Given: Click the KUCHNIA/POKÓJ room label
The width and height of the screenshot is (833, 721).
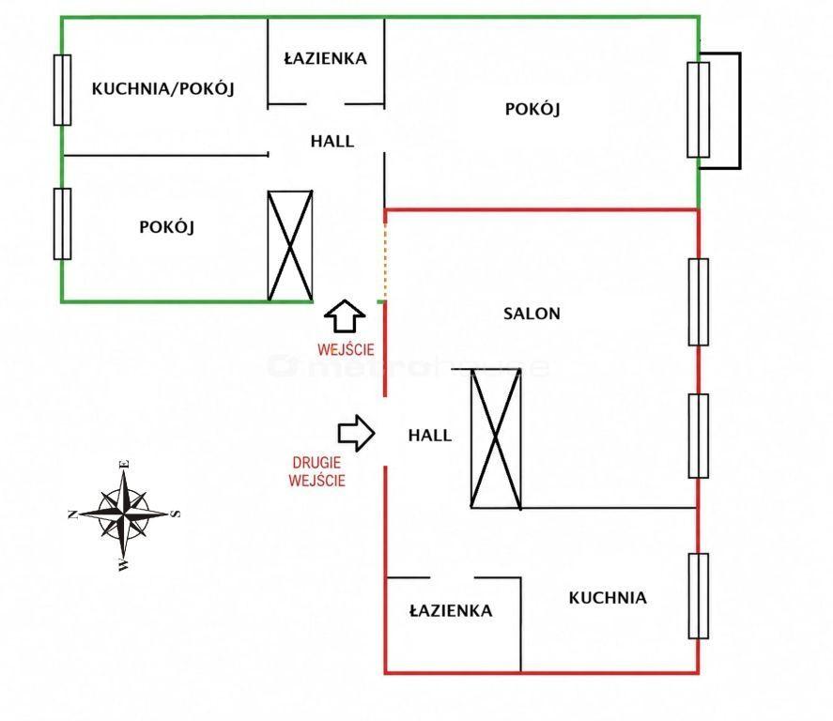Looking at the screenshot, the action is (x=163, y=88).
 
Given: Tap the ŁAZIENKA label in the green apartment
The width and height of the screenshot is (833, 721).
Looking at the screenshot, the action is (x=325, y=58).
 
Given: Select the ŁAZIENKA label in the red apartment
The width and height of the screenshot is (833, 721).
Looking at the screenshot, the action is (x=451, y=610).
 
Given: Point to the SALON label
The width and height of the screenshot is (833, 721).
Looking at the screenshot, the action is (x=532, y=314).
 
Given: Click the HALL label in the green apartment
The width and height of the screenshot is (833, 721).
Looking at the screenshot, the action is (x=332, y=141).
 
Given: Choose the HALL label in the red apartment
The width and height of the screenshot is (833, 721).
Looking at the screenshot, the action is (x=430, y=436).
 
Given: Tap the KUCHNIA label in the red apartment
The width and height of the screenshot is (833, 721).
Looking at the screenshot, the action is (x=608, y=598).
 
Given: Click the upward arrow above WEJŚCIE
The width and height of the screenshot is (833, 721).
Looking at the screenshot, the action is (x=345, y=316).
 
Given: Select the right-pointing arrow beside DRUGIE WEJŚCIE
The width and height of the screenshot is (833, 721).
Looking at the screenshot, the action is (x=357, y=433).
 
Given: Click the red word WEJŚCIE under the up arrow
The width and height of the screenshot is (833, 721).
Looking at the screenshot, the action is (x=346, y=349).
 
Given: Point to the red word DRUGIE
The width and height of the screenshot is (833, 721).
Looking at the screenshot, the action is (x=317, y=463).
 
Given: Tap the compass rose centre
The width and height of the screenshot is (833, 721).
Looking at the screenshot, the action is (x=124, y=514).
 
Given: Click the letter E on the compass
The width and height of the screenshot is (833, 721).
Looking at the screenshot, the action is (x=126, y=464).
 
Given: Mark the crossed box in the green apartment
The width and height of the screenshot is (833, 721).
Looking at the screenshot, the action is (x=289, y=246).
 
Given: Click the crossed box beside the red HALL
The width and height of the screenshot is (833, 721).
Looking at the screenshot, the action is (x=496, y=438).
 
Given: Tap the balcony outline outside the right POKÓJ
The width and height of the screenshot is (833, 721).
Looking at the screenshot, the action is (x=739, y=111).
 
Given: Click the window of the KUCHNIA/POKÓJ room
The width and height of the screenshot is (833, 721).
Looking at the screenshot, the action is (x=62, y=90).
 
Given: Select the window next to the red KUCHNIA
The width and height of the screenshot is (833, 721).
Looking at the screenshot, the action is (x=698, y=596).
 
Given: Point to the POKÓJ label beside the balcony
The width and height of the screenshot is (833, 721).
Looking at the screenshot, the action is (x=532, y=109).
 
